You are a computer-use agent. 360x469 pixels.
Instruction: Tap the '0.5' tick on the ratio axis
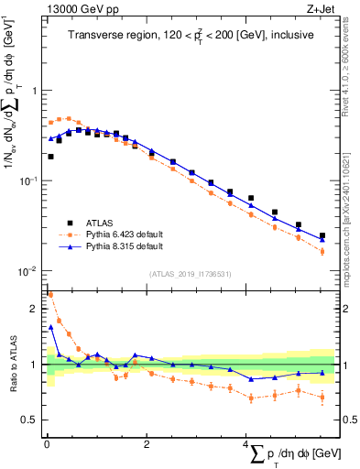click(30, 420)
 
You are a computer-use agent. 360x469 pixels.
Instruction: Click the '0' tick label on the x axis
click(47, 444)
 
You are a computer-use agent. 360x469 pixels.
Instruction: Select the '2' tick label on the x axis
click(147, 444)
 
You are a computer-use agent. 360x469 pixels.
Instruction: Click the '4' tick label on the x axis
click(246, 444)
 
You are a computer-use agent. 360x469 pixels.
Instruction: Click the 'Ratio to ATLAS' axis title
click(11, 364)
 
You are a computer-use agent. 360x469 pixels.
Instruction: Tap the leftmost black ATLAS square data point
click(49, 157)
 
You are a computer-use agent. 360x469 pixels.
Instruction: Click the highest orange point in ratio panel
click(49, 295)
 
